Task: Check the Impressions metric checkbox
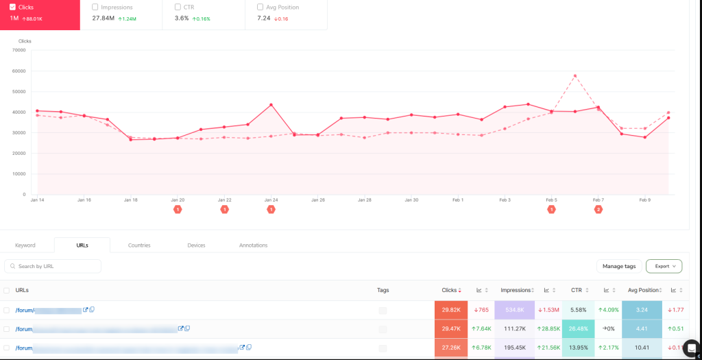tap(95, 7)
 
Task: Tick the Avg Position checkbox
tap(261, 7)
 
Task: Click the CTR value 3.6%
tap(182, 18)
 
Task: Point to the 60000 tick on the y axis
tap(19, 71)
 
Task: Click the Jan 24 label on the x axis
tap(271, 200)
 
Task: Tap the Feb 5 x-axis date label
tap(551, 200)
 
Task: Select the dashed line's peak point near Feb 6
tap(574, 75)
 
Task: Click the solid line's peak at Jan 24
tap(271, 105)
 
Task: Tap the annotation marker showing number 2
tap(598, 209)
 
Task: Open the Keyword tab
tap(25, 245)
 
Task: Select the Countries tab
tap(139, 245)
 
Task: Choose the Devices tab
tap(196, 245)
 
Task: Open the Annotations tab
tap(253, 245)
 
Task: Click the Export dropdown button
tap(664, 266)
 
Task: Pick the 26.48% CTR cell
tap(578, 328)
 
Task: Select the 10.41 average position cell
tap(641, 348)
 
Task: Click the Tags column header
tap(383, 290)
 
